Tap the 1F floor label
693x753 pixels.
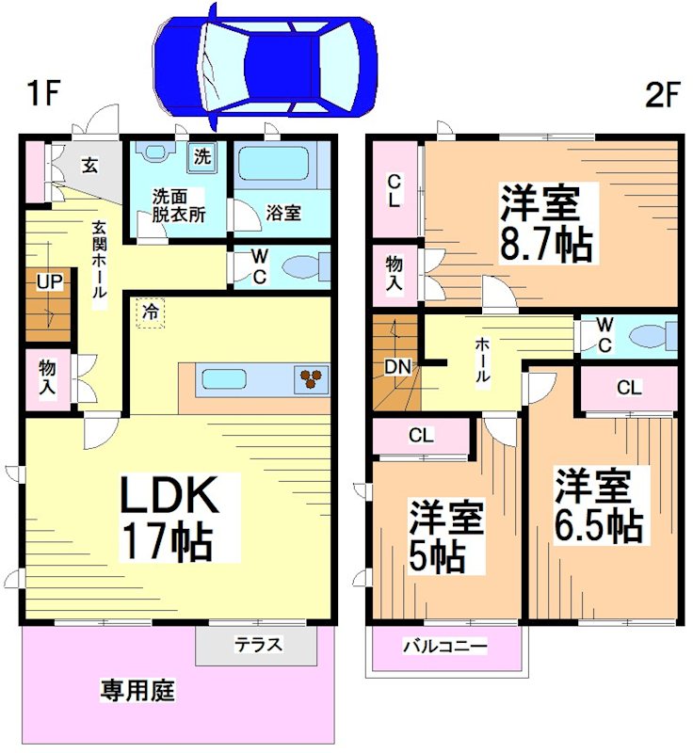(x=43, y=94)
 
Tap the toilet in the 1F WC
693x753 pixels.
(x=302, y=267)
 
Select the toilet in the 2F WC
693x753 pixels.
(x=653, y=336)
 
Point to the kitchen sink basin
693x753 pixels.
(x=224, y=378)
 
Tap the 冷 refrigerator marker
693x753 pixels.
(x=150, y=311)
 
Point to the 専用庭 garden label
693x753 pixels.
(x=137, y=691)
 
